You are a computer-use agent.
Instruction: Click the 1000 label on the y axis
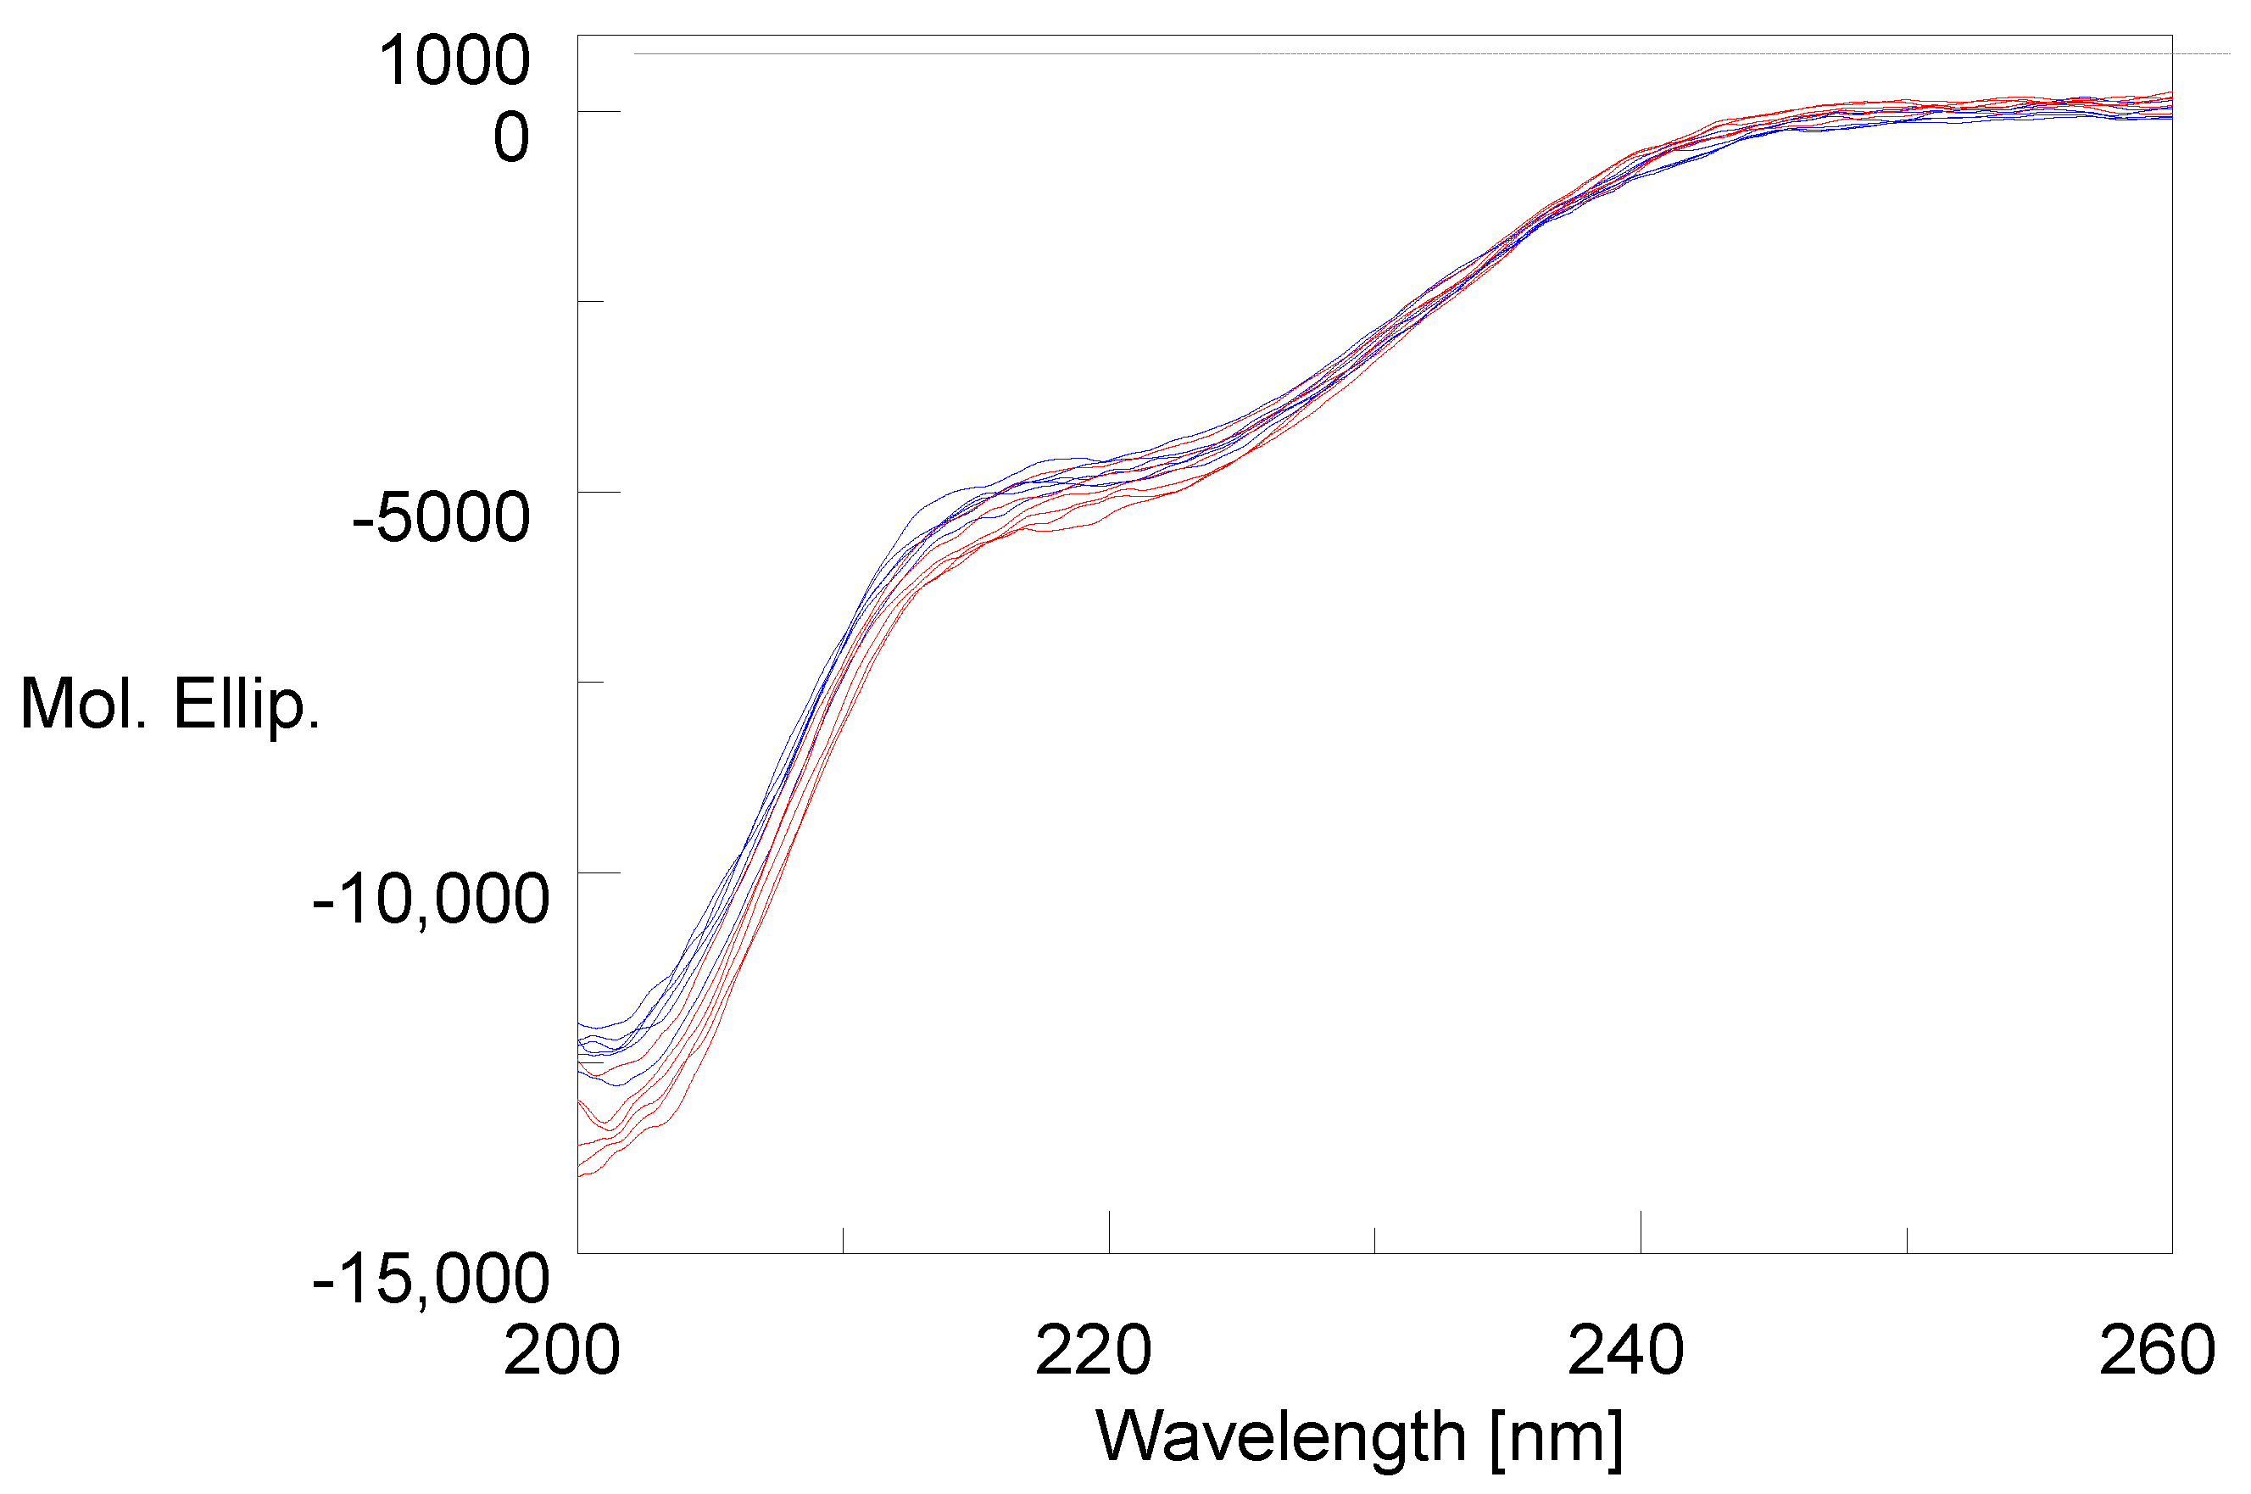click(454, 60)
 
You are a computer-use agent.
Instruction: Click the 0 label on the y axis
click(510, 137)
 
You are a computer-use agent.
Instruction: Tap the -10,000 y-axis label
click(431, 899)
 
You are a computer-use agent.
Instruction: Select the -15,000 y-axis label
click(431, 1279)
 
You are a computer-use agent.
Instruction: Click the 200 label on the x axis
click(561, 1351)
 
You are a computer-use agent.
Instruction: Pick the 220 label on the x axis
click(1093, 1351)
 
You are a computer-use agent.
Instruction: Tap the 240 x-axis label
click(1625, 1351)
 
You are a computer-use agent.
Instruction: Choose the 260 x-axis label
click(2157, 1351)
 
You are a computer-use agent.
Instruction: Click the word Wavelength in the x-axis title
click(1281, 1437)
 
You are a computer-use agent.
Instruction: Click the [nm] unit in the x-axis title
click(1557, 1437)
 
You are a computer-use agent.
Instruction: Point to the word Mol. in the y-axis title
click(83, 705)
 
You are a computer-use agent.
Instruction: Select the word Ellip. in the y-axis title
click(246, 705)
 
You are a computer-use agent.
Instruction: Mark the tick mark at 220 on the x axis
click(1109, 1232)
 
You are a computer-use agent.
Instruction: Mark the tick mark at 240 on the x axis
click(1641, 1232)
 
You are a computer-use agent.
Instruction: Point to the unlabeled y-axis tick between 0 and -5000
click(591, 301)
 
